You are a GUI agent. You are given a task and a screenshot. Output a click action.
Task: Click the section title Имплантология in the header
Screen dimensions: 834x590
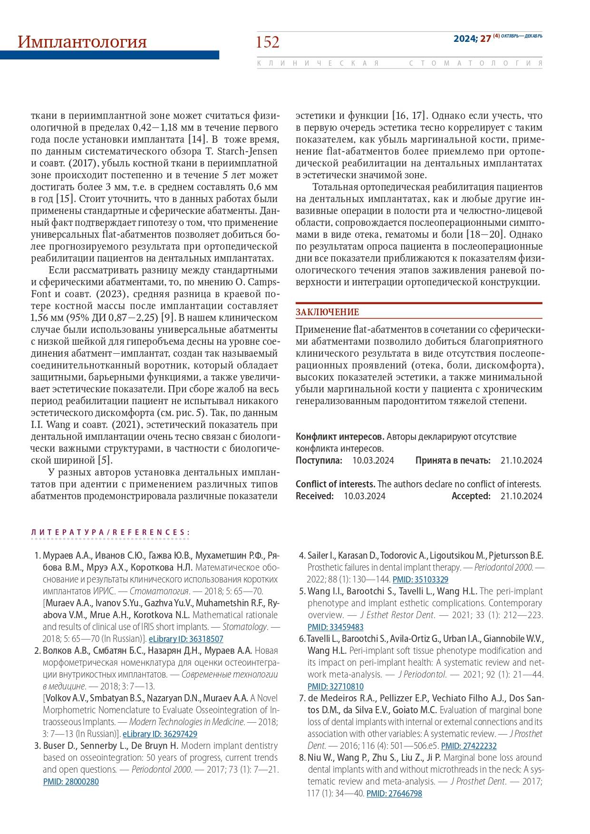[82, 42]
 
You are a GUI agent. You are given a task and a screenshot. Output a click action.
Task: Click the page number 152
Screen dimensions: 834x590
[268, 42]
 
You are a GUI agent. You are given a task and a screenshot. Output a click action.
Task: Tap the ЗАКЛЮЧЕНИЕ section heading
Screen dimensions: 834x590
[327, 312]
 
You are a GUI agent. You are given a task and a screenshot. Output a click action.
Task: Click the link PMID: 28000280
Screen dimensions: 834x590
[71, 781]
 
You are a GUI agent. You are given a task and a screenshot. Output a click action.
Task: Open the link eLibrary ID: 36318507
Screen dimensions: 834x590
[186, 639]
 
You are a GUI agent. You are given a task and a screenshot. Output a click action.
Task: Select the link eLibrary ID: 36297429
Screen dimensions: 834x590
[160, 734]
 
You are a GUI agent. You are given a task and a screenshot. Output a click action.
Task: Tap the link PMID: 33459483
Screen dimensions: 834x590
[335, 627]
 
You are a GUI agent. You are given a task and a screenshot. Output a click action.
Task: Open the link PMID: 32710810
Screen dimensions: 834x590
[335, 686]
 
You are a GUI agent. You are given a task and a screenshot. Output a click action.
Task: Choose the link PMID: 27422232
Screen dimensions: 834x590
[469, 746]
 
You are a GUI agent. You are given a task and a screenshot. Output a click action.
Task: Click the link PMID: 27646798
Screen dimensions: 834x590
[394, 793]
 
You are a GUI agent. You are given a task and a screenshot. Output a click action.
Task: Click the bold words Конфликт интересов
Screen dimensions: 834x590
[340, 436]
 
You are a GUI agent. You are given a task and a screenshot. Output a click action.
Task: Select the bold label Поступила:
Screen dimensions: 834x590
[319, 460]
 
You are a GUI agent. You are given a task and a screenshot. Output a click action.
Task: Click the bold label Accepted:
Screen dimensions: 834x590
[471, 496]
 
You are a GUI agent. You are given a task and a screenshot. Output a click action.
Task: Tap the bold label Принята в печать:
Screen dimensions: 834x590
[453, 460]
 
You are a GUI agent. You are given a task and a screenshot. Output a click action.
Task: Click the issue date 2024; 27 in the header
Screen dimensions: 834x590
[472, 39]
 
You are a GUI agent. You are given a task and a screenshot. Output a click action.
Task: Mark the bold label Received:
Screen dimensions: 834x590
[315, 496]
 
